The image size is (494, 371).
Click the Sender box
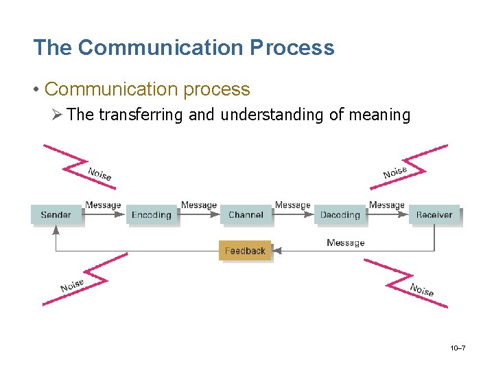56,215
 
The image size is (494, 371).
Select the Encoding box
152,215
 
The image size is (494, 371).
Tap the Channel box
246,215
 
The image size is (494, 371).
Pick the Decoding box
340,215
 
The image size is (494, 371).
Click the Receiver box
434,215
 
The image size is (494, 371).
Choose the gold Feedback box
245,251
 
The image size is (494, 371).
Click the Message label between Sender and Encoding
103,205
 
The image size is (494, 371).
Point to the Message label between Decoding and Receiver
387,205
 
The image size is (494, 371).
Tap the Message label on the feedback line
346,243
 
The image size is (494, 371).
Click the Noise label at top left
99,174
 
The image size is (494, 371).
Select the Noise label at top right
395,172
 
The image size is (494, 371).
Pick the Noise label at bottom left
72,285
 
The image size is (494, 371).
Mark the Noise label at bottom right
422,289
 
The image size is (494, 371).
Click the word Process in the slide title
292,47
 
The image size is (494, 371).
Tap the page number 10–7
458,349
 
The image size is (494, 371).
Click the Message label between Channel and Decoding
293,205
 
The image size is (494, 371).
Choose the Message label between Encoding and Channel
199,205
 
